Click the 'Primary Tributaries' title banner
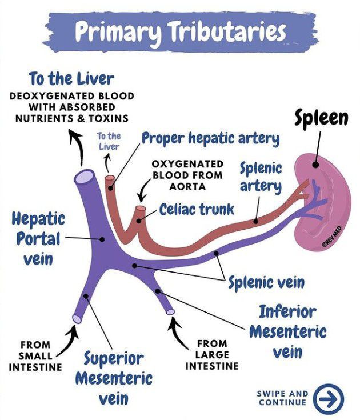pos(180,33)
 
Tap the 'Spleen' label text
pos(322,118)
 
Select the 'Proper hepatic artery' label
pos(210,138)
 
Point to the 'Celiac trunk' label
pos(197,209)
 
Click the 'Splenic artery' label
pos(261,177)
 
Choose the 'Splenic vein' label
pos(266,282)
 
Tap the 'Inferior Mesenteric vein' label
pos(287,331)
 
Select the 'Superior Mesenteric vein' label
pos(114,378)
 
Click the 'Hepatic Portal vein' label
pos(38,238)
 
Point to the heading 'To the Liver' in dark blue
pos(72,79)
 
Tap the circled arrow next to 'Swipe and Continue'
pos(329,398)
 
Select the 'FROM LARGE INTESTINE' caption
pos(212,355)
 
